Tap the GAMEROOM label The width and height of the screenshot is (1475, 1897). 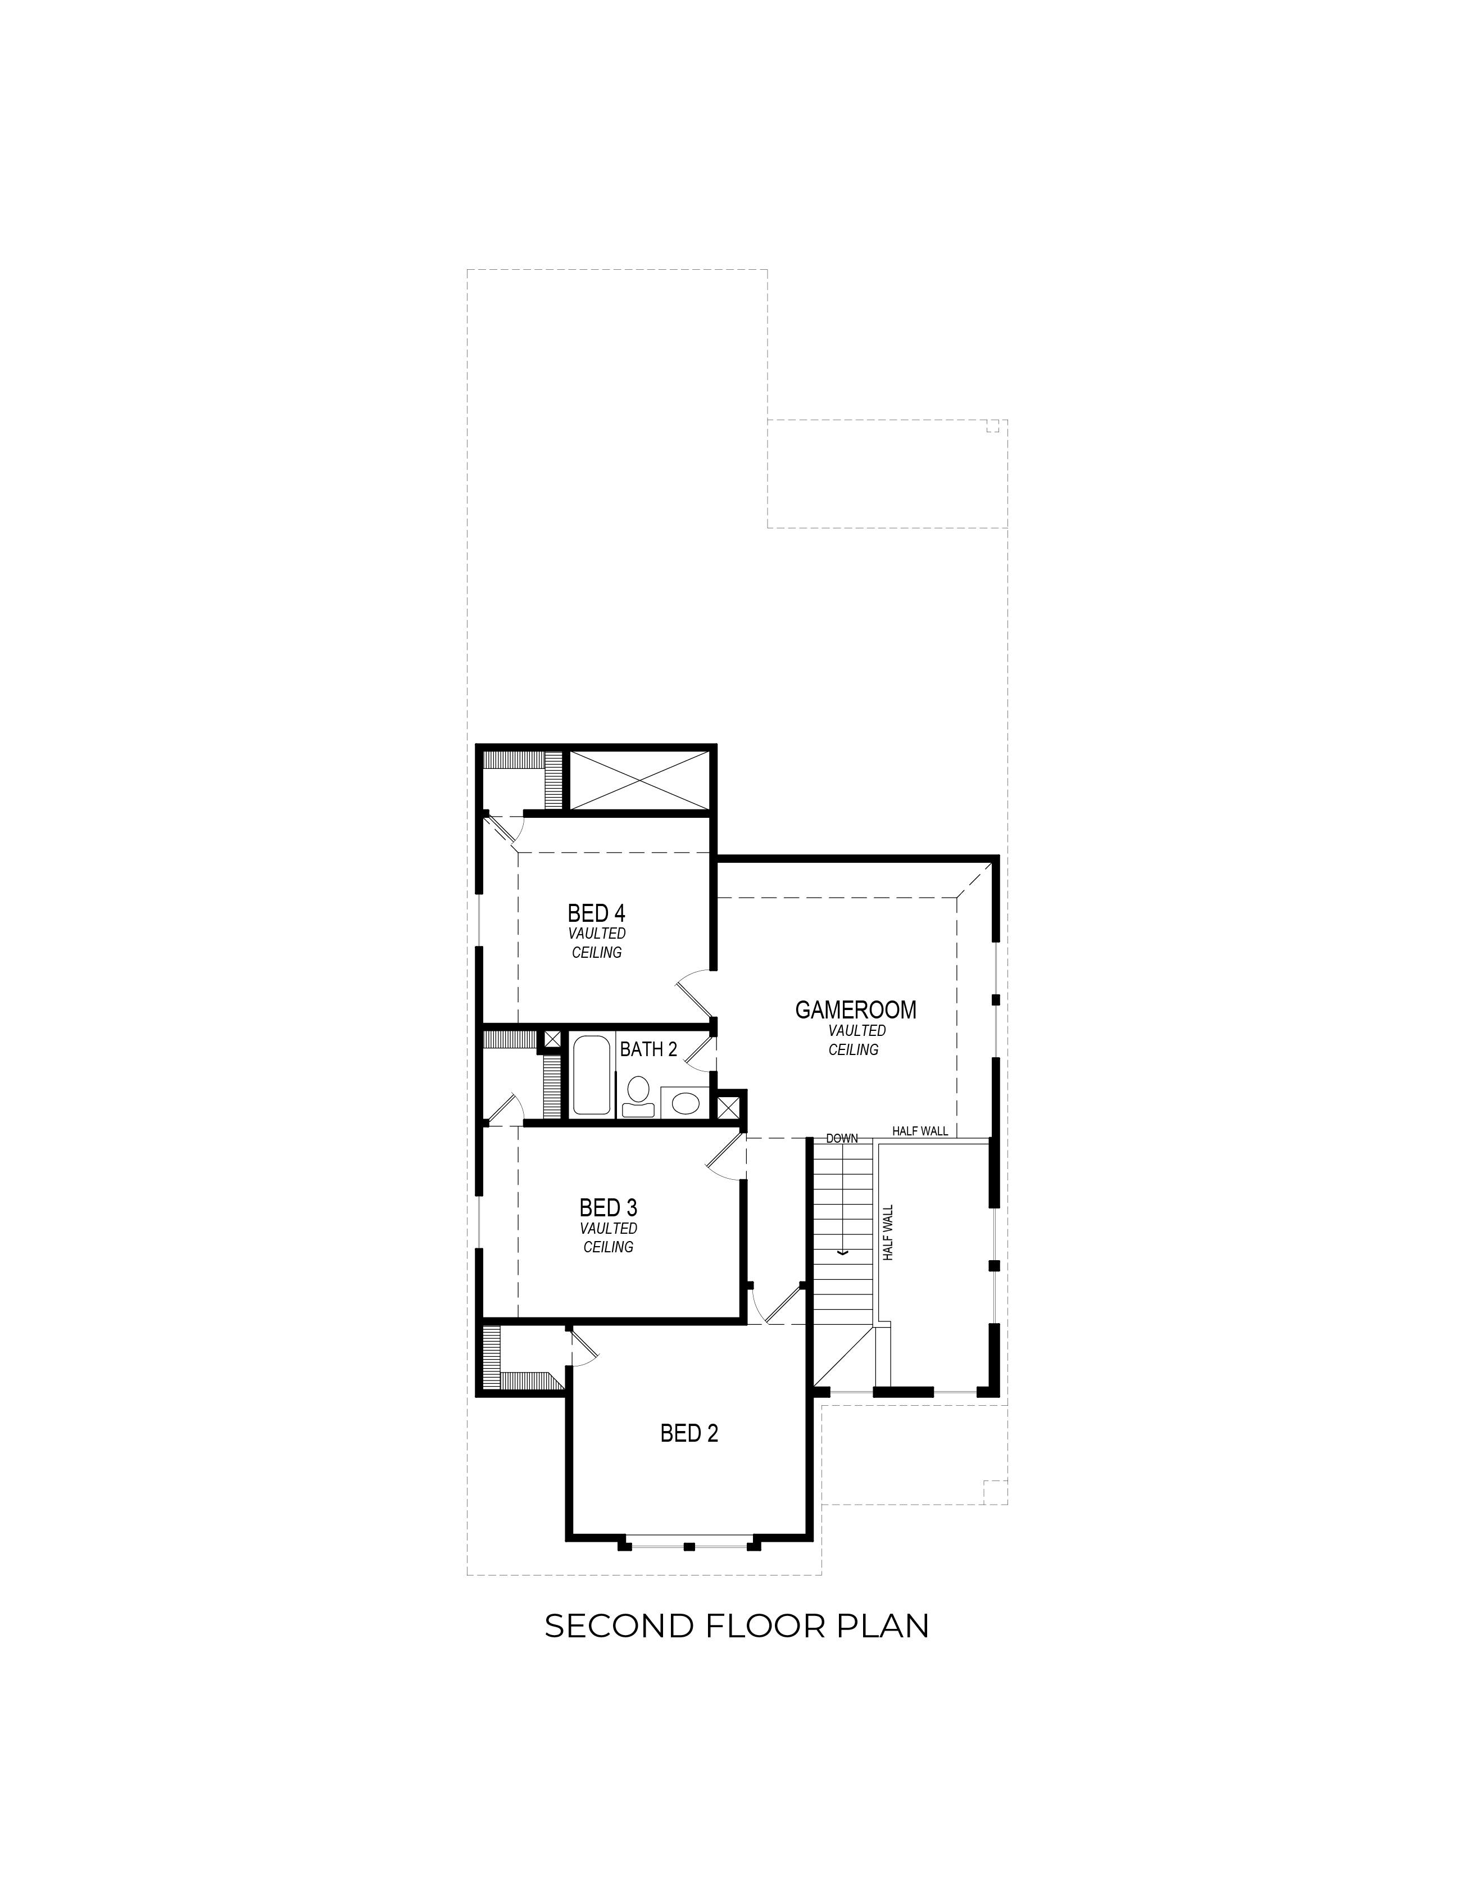click(x=856, y=1009)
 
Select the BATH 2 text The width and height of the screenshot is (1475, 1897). click(x=648, y=1049)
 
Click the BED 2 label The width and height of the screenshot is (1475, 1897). click(x=689, y=1433)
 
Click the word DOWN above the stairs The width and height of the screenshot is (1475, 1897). click(x=842, y=1138)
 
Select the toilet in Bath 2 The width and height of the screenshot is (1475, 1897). click(x=638, y=1096)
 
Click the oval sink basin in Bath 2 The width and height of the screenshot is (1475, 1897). click(x=686, y=1104)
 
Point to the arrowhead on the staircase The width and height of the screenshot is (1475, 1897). click(x=841, y=1252)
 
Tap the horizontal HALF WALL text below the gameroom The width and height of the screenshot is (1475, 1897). click(x=920, y=1131)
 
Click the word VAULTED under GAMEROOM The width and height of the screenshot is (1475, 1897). click(x=857, y=1030)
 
